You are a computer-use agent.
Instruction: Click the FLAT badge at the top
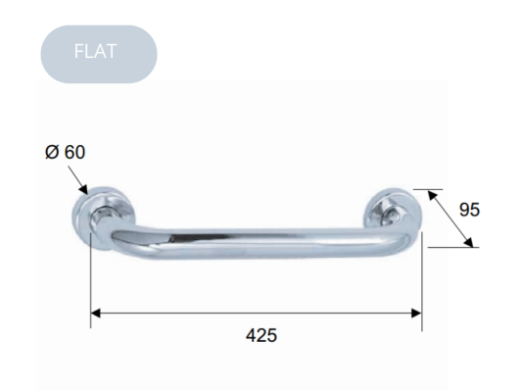99,54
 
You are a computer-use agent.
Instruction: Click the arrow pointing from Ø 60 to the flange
76,180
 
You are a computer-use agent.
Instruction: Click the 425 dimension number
259,335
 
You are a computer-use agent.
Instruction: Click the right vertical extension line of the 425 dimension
422,284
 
